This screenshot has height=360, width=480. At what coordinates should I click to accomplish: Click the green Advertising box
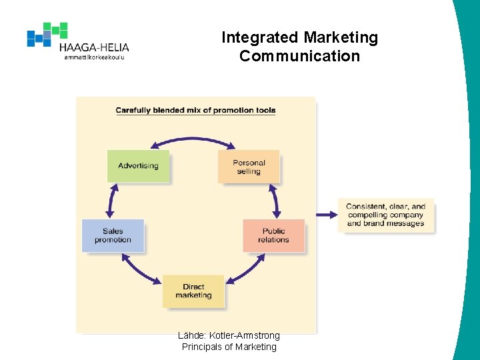[x=138, y=166]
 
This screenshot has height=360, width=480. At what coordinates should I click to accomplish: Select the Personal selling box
[x=249, y=167]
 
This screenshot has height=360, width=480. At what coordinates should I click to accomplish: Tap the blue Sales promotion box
[x=113, y=235]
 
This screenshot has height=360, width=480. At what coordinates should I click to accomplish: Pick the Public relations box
[x=274, y=235]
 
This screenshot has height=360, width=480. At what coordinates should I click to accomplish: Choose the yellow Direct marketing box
[x=193, y=291]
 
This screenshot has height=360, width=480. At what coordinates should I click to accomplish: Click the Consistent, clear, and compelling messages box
[x=385, y=215]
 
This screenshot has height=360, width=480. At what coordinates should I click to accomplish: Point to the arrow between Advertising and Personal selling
[x=193, y=140]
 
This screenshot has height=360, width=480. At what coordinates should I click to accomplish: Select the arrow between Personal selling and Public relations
[x=275, y=199]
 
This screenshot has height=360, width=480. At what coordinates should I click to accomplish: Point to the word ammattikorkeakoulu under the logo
[x=94, y=57]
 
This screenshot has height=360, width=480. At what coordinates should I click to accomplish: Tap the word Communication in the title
[x=299, y=56]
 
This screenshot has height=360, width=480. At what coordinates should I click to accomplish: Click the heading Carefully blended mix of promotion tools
[x=195, y=111]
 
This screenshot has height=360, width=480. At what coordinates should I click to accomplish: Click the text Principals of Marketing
[x=229, y=347]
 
